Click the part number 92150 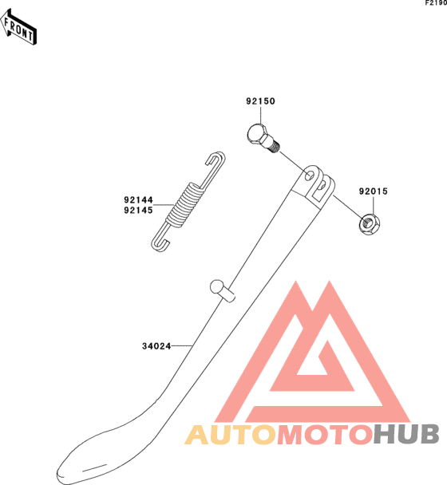(x=260, y=101)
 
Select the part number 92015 (x=374, y=191)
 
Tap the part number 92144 (x=138, y=199)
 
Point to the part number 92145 (x=138, y=211)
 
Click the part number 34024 (x=156, y=346)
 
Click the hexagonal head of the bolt (x=256, y=134)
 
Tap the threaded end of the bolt (x=274, y=146)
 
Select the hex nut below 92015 (x=370, y=223)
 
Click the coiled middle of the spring (x=185, y=206)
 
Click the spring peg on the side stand (x=222, y=290)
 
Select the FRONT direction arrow (x=18, y=27)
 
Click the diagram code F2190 (x=436, y=3)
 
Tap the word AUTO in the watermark (x=231, y=435)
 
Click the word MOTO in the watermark (x=324, y=435)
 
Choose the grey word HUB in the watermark (x=406, y=434)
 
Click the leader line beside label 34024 (x=182, y=346)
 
